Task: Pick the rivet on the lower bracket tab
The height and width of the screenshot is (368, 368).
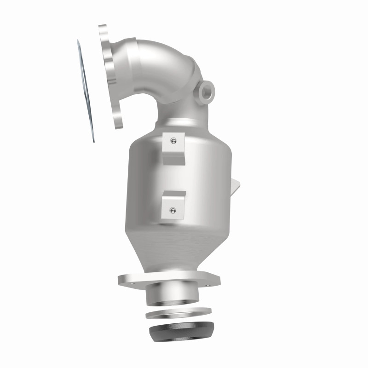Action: [x=172, y=211]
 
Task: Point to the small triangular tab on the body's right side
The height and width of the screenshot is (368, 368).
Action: [x=236, y=186]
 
